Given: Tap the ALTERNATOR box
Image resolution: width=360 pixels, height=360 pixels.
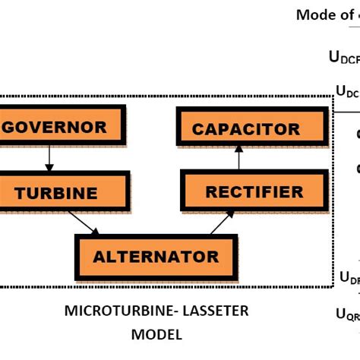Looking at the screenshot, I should tap(156, 256).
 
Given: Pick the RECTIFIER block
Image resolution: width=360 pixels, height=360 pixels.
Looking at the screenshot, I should tap(242, 191).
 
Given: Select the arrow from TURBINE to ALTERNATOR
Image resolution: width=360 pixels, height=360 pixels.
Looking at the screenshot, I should tap(84, 222).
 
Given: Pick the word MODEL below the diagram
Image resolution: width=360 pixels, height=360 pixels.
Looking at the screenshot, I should tap(156, 334).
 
